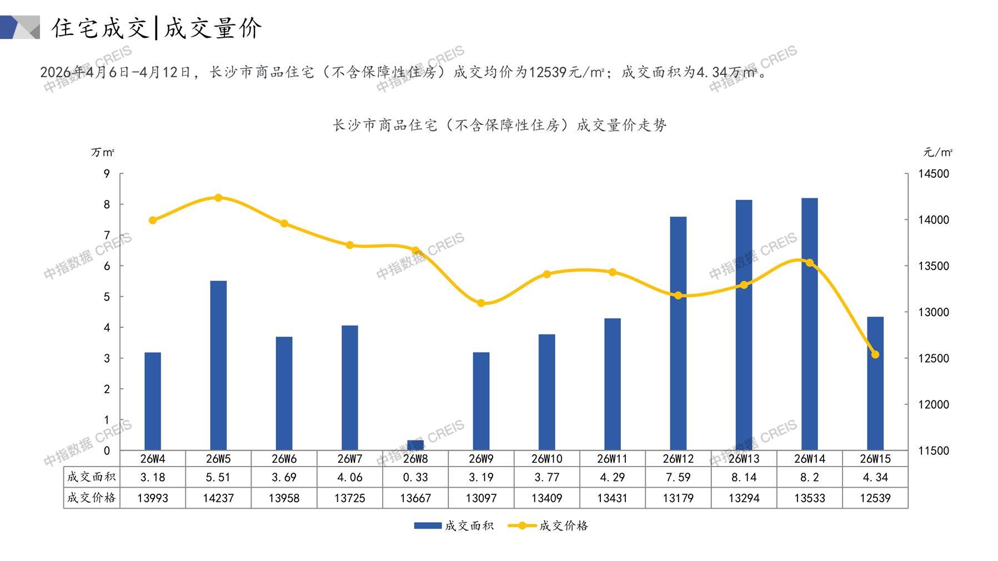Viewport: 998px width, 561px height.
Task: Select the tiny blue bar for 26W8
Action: [x=415, y=445]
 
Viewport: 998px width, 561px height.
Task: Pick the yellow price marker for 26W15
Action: [x=875, y=354]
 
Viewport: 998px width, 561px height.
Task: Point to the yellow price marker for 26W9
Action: [x=481, y=303]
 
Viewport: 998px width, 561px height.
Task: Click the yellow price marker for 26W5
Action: [x=218, y=198]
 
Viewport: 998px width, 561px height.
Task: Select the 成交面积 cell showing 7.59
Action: [x=678, y=477]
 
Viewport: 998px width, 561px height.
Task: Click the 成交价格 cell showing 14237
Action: [x=218, y=498]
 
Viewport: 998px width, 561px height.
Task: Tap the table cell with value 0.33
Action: [x=415, y=477]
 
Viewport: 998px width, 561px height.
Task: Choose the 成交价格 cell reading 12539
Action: [x=875, y=498]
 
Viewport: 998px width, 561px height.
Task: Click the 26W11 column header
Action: [x=613, y=459]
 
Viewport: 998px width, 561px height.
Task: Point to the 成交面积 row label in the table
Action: [x=91, y=477]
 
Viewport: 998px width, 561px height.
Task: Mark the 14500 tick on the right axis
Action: [x=934, y=174]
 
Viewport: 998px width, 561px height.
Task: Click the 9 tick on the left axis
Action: [x=107, y=174]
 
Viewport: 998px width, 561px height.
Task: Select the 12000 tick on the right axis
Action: [x=934, y=404]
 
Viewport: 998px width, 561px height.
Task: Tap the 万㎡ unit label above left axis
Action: [x=103, y=152]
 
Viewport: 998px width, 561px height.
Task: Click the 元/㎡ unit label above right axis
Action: [x=937, y=152]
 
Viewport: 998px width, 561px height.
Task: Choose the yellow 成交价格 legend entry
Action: [x=548, y=525]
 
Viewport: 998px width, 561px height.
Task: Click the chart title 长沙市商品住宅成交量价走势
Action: [x=499, y=125]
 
